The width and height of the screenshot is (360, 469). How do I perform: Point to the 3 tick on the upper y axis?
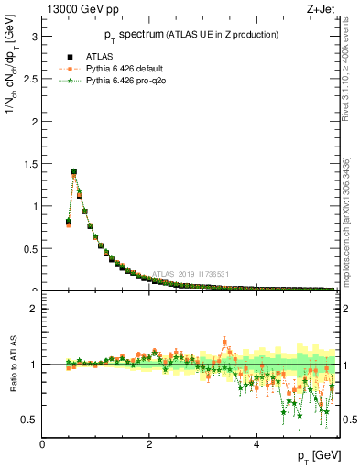click(32, 37)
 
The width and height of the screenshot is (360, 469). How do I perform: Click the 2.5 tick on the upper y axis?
click(28, 79)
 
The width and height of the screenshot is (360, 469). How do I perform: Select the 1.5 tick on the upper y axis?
click(28, 164)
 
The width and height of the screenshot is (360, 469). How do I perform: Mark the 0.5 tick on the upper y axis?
click(28, 248)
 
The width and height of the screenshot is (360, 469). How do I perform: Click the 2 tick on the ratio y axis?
click(32, 309)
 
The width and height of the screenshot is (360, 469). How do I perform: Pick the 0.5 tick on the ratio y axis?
click(28, 420)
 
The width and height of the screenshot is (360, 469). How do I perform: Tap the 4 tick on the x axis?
click(256, 443)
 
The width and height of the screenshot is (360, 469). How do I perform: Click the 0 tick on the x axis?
click(42, 443)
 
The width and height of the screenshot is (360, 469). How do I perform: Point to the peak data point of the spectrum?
click(73, 171)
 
